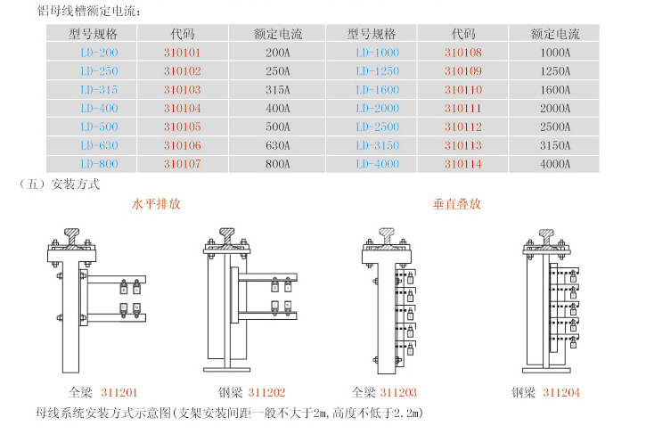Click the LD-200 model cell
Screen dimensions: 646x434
click(99, 53)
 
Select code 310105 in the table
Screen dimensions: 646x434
click(183, 127)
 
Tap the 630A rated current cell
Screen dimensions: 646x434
click(278, 145)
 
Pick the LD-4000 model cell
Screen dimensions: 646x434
click(378, 164)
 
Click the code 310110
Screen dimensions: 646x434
click(463, 89)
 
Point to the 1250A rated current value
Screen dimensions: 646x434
click(555, 71)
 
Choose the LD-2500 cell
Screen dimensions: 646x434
click(378, 127)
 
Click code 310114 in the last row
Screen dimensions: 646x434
click(463, 164)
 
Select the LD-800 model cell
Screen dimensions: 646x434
click(99, 164)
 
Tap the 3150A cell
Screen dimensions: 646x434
click(555, 145)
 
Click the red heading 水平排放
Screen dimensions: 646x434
click(156, 203)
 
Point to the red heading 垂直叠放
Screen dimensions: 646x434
click(457, 203)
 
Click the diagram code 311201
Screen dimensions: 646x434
click(119, 392)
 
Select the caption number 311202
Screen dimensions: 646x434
click(267, 392)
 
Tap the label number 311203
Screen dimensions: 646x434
click(398, 392)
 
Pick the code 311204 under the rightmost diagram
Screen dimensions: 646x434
click(561, 392)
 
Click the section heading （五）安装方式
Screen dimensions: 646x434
click(59, 184)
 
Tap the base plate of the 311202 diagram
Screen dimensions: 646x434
click(226, 369)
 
